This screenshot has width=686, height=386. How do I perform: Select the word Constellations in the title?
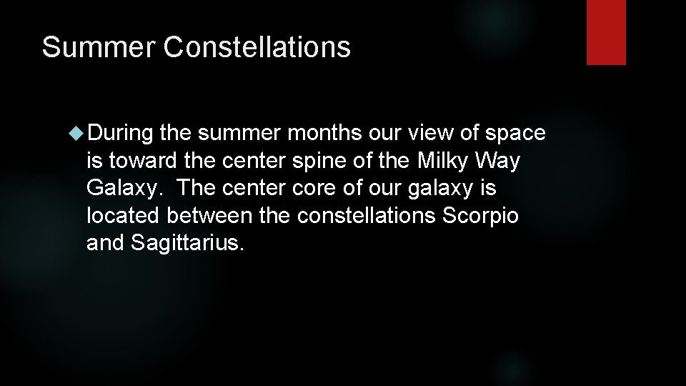point(257,47)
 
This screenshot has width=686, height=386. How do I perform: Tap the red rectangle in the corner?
point(606,32)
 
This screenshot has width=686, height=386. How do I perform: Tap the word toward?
point(141,162)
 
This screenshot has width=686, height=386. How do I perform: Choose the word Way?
point(502,162)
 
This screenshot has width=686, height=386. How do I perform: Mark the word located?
point(124,217)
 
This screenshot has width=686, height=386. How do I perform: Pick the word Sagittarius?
point(188,244)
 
